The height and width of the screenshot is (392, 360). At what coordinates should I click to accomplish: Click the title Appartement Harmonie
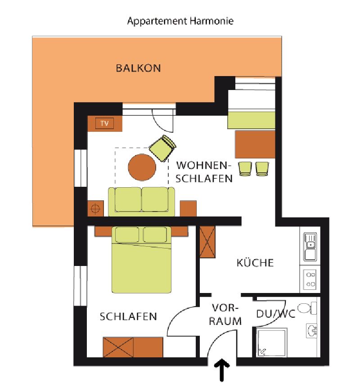tap(180, 21)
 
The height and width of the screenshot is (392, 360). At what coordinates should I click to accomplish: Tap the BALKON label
tap(138, 68)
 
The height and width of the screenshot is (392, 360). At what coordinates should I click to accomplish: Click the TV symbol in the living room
tap(104, 123)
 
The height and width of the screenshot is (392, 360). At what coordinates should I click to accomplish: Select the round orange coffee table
tap(142, 167)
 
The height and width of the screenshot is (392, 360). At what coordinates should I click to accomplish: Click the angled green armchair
tap(162, 148)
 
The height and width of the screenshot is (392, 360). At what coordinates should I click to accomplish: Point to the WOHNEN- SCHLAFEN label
tap(204, 172)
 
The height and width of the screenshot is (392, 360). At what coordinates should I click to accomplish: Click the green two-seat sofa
tap(141, 202)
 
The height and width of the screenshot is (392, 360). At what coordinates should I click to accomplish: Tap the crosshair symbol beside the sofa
tap(95, 208)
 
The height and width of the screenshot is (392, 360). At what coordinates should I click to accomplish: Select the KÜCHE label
tap(255, 263)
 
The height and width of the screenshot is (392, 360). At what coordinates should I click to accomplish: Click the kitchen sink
tap(310, 247)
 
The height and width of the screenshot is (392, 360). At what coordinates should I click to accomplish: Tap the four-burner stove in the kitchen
tap(310, 279)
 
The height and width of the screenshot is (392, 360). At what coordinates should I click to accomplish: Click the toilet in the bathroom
tap(307, 308)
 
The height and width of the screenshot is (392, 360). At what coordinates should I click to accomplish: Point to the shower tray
tap(272, 343)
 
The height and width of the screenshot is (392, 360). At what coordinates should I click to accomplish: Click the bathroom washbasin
tap(311, 331)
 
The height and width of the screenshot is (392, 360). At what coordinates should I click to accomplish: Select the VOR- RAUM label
tap(225, 315)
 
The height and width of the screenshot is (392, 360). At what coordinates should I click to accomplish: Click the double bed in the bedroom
tap(141, 260)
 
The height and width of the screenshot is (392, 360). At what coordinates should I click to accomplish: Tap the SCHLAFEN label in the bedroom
tap(128, 316)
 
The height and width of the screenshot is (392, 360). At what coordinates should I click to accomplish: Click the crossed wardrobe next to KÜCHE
tap(207, 242)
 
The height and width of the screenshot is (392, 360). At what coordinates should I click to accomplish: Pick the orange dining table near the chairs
tap(255, 144)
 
